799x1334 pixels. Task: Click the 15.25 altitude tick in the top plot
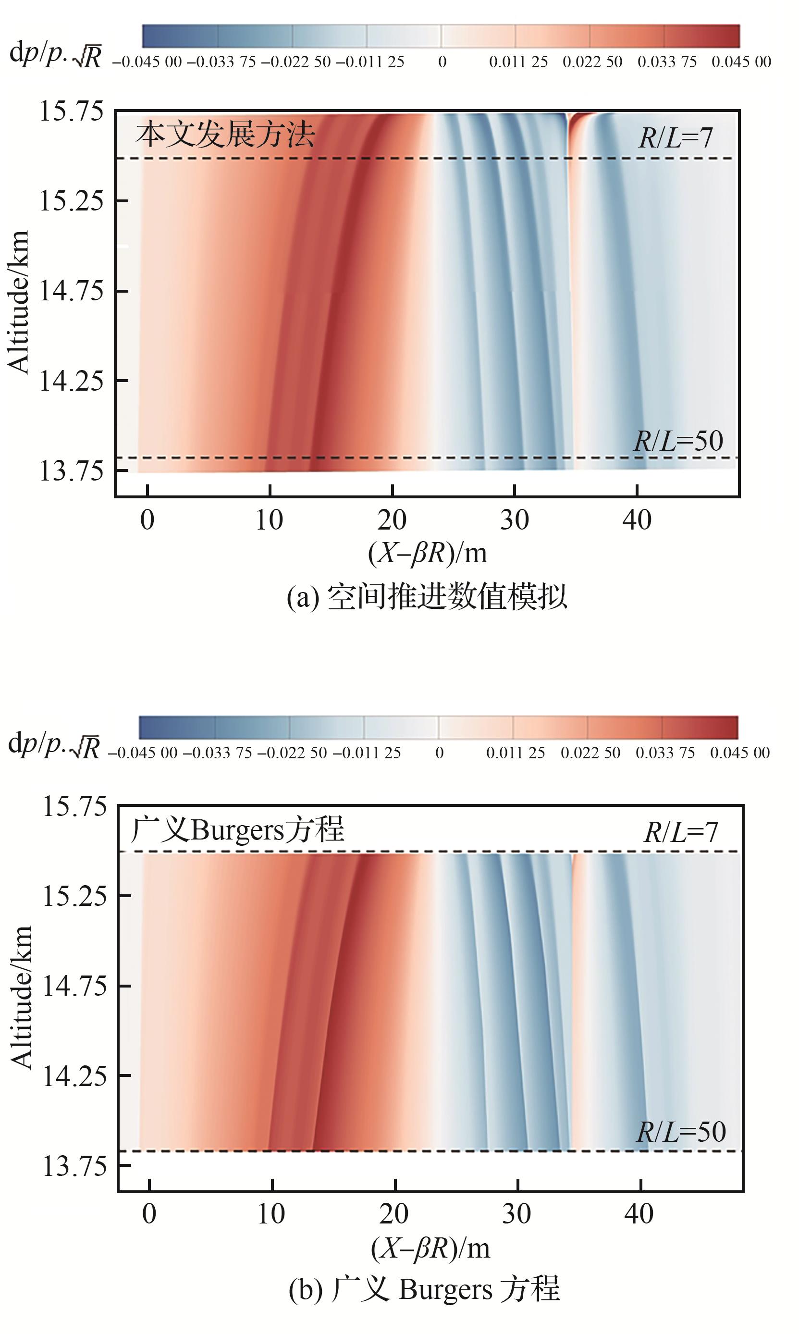(x=71, y=201)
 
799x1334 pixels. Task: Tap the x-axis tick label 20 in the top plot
(x=392, y=520)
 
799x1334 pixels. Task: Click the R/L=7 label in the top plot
(x=675, y=138)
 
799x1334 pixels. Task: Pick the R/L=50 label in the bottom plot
(x=681, y=1132)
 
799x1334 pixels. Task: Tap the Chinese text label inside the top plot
(x=225, y=135)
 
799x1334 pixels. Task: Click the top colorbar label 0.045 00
(x=741, y=62)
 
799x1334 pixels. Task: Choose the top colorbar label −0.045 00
(x=147, y=62)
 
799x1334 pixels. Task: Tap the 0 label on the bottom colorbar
(x=439, y=753)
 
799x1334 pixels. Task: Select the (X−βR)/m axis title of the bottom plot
(x=430, y=1248)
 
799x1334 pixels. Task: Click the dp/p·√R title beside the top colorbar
(x=55, y=55)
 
